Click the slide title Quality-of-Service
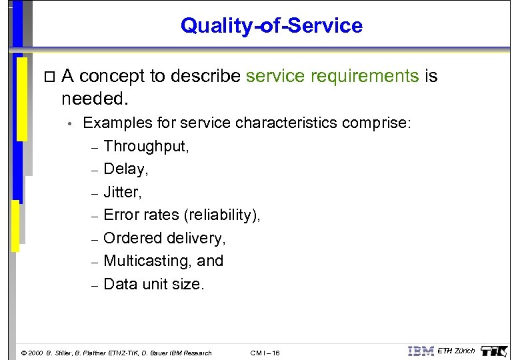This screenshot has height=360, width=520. click(271, 26)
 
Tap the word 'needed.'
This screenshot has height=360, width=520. click(93, 99)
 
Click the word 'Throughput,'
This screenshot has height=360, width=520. click(147, 146)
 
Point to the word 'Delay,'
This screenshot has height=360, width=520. click(126, 169)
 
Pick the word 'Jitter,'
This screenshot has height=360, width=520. click(123, 192)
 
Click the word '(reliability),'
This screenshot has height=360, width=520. click(222, 215)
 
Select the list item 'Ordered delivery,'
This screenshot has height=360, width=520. click(165, 238)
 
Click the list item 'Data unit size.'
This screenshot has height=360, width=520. click(154, 284)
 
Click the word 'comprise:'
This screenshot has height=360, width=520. click(377, 123)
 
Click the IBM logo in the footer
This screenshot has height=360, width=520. click(421, 351)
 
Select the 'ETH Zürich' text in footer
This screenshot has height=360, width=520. click(456, 351)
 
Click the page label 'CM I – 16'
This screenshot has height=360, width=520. click(265, 353)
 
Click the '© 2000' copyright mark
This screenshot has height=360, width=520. click(32, 353)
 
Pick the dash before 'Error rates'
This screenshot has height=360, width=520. click(95, 216)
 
